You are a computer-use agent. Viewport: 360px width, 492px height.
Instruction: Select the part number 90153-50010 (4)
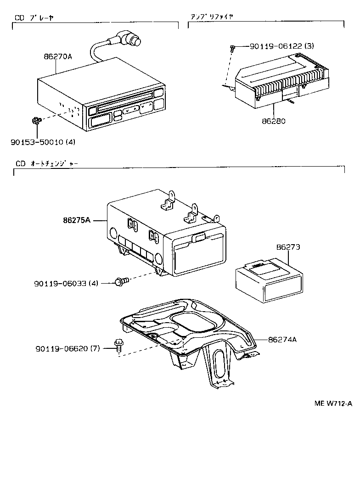pyautogui.click(x=43, y=142)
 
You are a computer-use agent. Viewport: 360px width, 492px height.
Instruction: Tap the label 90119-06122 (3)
pyautogui.click(x=282, y=46)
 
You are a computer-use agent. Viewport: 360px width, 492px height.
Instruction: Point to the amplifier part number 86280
pyautogui.click(x=274, y=122)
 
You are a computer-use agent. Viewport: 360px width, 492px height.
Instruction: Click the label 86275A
pyautogui.click(x=78, y=220)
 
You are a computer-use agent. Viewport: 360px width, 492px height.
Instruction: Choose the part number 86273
pyautogui.click(x=288, y=247)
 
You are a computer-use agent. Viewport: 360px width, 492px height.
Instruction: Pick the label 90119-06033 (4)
pyautogui.click(x=66, y=284)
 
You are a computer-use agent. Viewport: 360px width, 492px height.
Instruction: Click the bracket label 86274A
pyautogui.click(x=282, y=340)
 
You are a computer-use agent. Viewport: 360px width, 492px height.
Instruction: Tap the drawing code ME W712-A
pyautogui.click(x=333, y=403)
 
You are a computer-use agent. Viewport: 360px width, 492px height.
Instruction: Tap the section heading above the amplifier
pyautogui.click(x=212, y=16)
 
